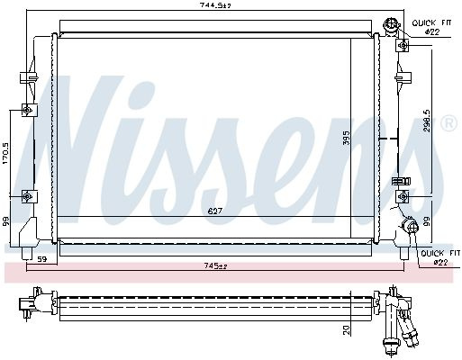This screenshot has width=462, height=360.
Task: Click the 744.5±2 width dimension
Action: coord(215,5)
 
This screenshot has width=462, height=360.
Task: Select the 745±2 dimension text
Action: coord(215,265)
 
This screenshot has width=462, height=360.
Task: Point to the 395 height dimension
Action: coord(347,137)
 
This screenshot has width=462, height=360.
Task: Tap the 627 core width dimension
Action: coord(215,211)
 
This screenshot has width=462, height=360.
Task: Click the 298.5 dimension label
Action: coord(427,120)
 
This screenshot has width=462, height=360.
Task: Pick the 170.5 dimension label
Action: coord(6,153)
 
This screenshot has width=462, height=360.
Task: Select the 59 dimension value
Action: coord(42,259)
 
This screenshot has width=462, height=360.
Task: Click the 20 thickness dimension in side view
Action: coord(346,330)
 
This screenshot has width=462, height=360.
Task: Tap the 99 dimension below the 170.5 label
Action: coord(6,221)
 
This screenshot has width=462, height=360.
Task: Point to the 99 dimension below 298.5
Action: coord(427,221)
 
